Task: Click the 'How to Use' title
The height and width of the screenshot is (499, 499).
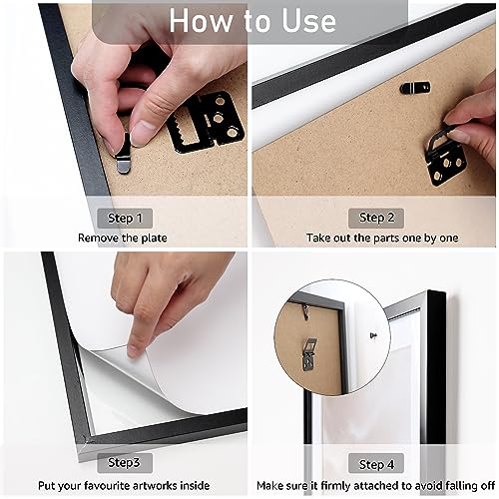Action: point(252,21)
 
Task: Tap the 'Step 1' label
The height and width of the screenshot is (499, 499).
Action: point(125,219)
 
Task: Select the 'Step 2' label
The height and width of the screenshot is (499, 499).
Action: point(376,218)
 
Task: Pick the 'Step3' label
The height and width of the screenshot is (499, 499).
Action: point(124,462)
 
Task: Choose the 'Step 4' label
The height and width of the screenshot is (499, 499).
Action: point(376,464)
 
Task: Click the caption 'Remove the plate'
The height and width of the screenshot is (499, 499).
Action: point(123,238)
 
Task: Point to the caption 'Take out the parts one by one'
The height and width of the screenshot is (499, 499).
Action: point(382,238)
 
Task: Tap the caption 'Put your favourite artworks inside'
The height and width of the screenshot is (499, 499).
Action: point(124,485)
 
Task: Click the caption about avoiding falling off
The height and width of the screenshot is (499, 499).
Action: point(375,485)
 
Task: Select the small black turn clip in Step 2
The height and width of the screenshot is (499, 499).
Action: point(414,88)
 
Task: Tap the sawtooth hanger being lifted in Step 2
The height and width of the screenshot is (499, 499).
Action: point(444,157)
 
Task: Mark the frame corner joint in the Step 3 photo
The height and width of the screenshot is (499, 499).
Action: point(87,440)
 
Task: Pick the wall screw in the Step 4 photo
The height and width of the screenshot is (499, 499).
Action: point(373,335)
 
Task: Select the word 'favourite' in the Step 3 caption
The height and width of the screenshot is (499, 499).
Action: point(107,485)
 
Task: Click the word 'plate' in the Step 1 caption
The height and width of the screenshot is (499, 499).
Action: point(155,238)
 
